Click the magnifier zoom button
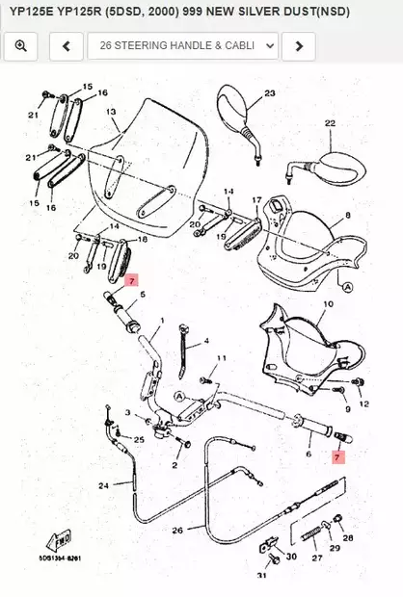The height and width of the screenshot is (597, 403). [x=21, y=45]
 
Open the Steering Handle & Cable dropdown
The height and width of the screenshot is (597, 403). [x=182, y=45]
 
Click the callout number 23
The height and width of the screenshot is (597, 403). [x=269, y=92]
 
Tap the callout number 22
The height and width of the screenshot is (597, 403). [x=329, y=123]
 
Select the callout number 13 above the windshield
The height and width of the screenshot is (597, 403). [x=111, y=112]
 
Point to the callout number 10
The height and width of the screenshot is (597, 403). [x=327, y=304]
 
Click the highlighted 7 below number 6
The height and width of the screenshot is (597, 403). [x=337, y=458]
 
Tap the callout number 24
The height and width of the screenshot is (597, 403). [x=103, y=485]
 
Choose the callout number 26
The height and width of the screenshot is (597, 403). [x=176, y=531]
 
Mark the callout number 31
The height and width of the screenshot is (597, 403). [x=260, y=576]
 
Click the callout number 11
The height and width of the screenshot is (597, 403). [x=221, y=358]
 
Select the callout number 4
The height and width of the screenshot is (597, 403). [x=204, y=342]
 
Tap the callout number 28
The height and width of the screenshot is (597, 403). [x=348, y=538]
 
